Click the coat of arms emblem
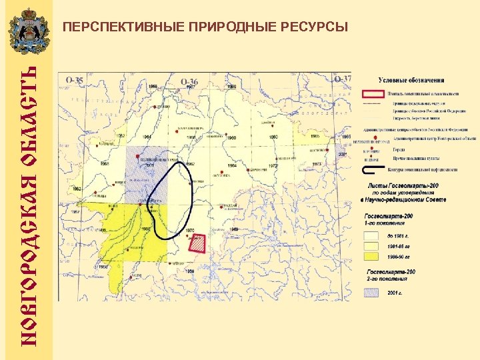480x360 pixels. tap(27, 31)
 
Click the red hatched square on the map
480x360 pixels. tap(198, 243)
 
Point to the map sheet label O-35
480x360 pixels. tap(74, 81)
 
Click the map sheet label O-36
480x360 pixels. tap(189, 81)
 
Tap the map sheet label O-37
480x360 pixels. tap(343, 79)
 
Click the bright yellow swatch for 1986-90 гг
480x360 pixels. tap(372, 256)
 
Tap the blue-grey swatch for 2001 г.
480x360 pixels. tap(372, 291)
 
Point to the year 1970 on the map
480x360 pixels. tap(189, 231)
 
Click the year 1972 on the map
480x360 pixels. tap(274, 164)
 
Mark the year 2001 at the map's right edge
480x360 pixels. tap(343, 154)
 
